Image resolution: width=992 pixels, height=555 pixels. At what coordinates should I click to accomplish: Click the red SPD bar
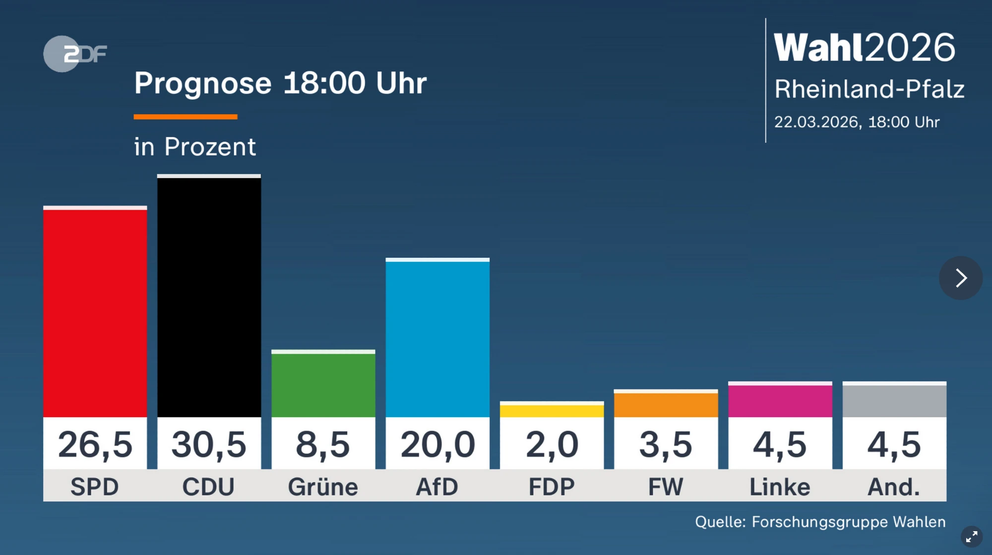[95, 312]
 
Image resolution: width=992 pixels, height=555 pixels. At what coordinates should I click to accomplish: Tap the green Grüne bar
[323, 384]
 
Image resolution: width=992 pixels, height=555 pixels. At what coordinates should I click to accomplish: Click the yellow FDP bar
[552, 410]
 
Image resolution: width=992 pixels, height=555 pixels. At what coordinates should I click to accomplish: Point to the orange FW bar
[666, 404]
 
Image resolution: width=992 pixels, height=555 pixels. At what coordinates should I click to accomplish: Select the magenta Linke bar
[780, 400]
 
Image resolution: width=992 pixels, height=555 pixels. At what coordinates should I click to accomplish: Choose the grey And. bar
[894, 400]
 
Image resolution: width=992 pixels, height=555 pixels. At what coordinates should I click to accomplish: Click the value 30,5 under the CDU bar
[209, 444]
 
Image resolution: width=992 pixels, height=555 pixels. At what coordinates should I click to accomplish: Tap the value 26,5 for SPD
[95, 444]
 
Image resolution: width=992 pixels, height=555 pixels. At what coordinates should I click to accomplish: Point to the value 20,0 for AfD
[437, 444]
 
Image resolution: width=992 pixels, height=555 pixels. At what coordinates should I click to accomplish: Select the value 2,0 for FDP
[552, 444]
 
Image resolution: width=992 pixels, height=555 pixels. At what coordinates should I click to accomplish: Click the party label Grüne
[323, 487]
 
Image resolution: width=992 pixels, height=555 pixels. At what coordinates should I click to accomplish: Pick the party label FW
[666, 487]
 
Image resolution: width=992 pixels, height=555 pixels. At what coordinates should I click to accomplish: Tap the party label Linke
[780, 487]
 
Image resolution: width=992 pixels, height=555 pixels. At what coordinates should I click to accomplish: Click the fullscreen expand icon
[971, 537]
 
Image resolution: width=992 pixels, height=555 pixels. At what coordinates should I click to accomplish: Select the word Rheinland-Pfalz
[869, 89]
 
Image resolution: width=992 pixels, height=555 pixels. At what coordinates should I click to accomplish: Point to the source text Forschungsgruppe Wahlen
[848, 522]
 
